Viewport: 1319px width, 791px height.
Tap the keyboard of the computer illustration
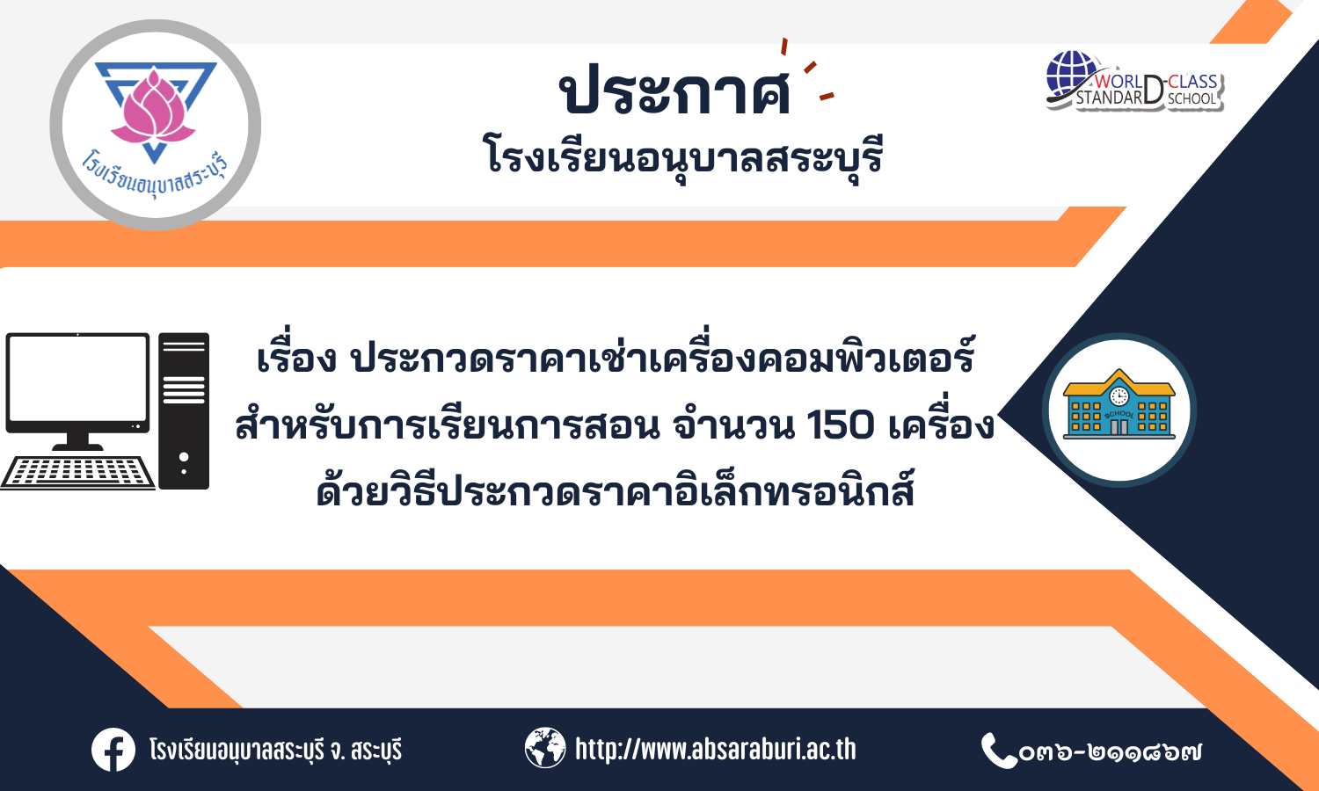point(77,472)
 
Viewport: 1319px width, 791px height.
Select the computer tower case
point(184,410)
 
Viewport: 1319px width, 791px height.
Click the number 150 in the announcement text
point(841,425)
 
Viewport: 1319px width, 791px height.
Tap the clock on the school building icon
point(1119,396)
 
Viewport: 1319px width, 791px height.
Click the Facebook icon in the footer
point(113,749)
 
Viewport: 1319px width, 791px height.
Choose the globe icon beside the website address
point(544,748)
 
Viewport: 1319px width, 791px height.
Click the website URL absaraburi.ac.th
point(715,749)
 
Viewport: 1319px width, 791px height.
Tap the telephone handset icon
point(997,750)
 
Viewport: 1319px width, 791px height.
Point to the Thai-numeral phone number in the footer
point(1110,751)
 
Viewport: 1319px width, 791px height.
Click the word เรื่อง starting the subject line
point(296,357)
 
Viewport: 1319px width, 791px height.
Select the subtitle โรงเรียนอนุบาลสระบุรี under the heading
point(683,156)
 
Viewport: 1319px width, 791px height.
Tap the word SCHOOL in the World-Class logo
point(1192,98)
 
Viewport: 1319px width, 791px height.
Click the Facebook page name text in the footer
point(275,750)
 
